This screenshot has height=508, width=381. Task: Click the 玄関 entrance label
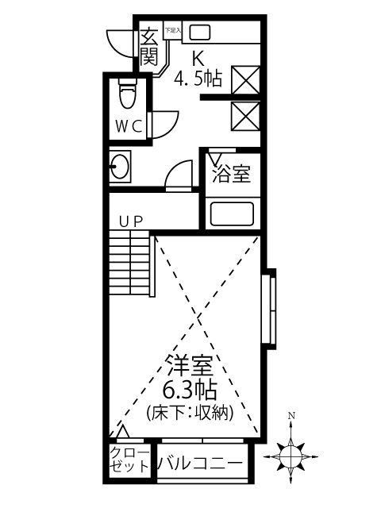click(148, 47)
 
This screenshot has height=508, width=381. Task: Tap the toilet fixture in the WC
click(125, 95)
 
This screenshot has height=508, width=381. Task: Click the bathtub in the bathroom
click(231, 214)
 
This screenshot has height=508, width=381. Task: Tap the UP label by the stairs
click(131, 221)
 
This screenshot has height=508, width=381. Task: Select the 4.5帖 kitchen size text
click(198, 79)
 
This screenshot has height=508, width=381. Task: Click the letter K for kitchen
click(198, 58)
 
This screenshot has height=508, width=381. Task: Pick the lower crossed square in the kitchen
click(242, 116)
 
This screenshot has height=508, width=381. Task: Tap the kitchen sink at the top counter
click(198, 33)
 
